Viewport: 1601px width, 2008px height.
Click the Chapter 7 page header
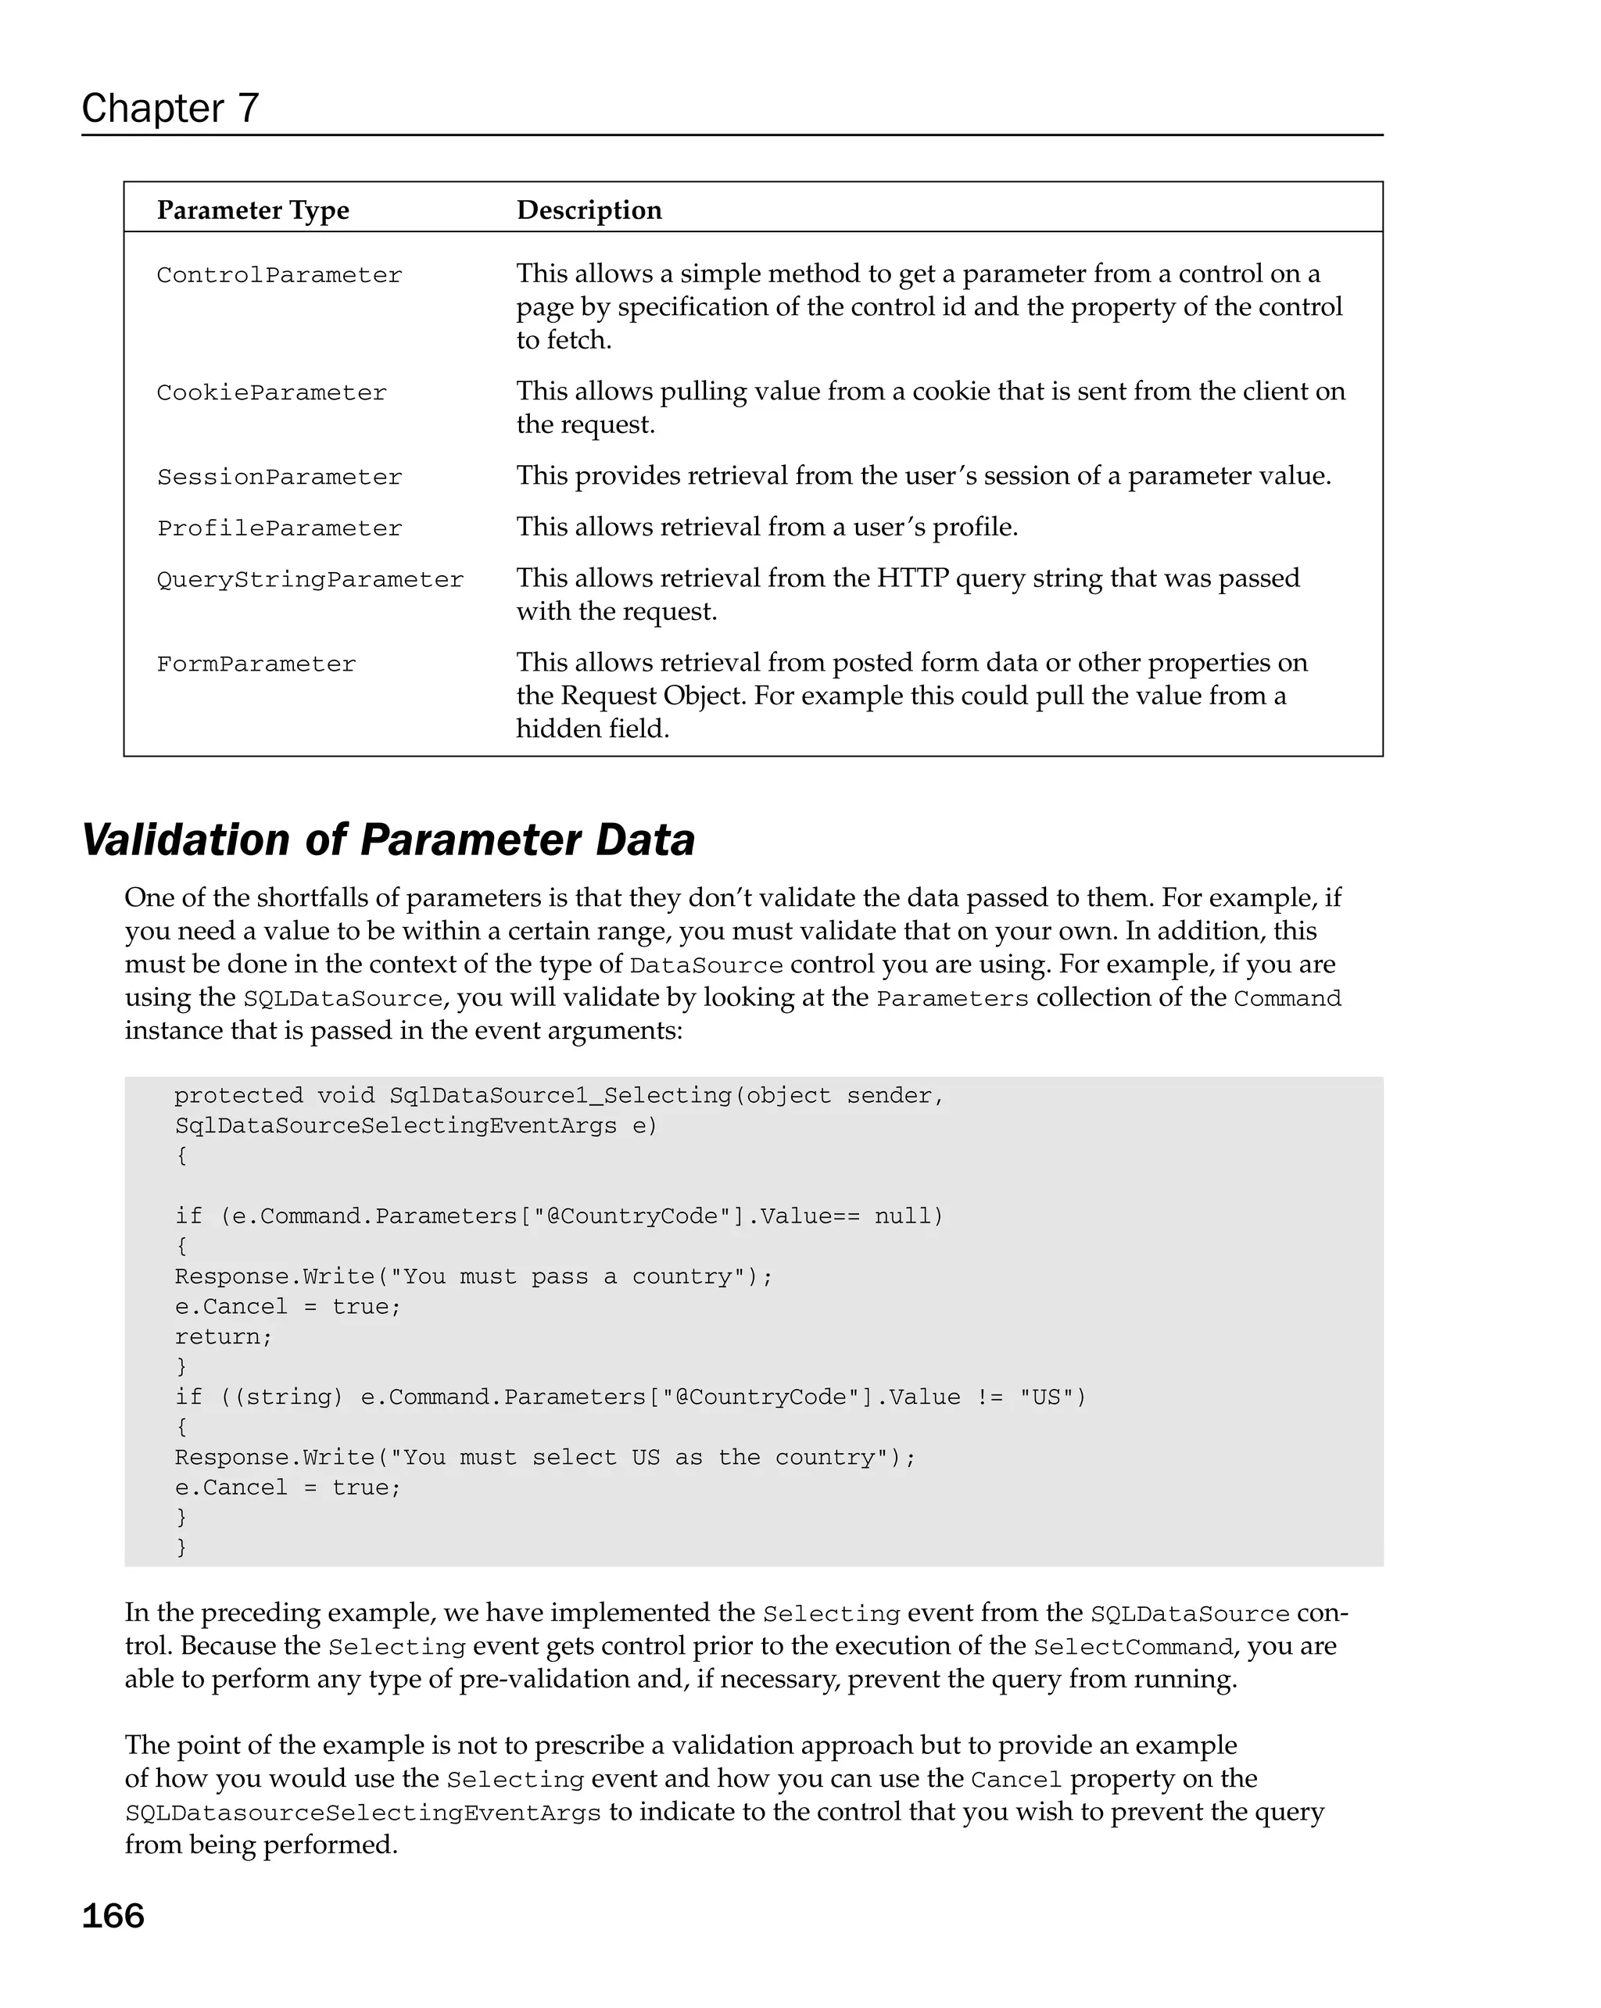(x=170, y=108)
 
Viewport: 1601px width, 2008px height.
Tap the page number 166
(x=113, y=1915)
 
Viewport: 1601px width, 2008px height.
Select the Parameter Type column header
(x=253, y=209)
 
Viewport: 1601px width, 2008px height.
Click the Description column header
(x=589, y=209)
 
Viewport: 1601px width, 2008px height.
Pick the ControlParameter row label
(x=278, y=275)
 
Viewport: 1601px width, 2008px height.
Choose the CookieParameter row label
(x=271, y=392)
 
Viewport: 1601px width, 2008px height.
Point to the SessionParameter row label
(x=278, y=477)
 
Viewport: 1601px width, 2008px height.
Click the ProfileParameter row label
(x=278, y=528)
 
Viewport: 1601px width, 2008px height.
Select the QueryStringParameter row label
(x=310, y=579)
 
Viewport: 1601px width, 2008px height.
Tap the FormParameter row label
(x=256, y=664)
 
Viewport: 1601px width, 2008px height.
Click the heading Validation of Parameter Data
(x=388, y=839)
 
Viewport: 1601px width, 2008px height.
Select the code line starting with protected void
(x=559, y=1095)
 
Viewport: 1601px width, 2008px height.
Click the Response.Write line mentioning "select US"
(x=545, y=1458)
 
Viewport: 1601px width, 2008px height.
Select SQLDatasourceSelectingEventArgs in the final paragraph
(x=364, y=1813)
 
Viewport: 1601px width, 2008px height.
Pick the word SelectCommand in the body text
(x=1133, y=1647)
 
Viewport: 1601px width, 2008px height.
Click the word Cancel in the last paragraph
(x=1015, y=1780)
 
